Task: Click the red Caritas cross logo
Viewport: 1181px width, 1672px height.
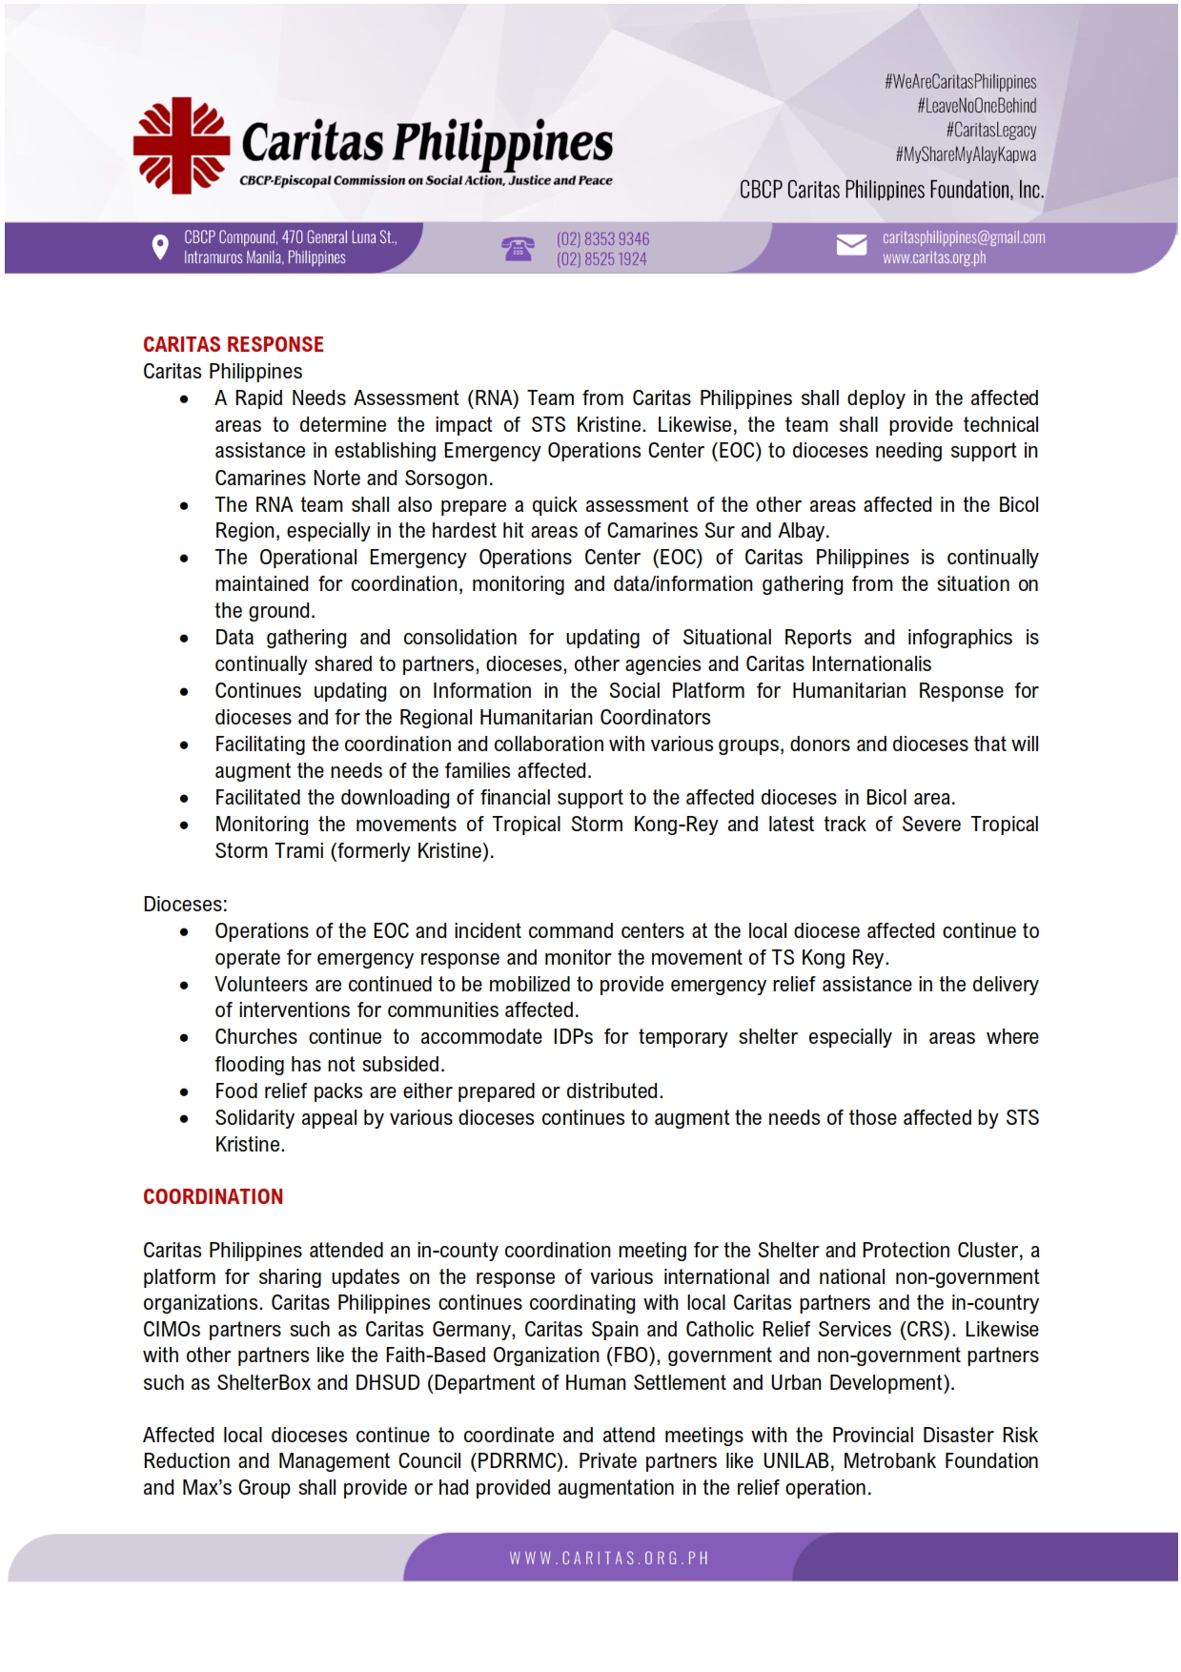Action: (x=181, y=146)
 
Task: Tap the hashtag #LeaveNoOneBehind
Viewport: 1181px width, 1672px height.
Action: (x=976, y=106)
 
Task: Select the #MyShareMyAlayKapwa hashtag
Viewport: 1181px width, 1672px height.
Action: (x=965, y=154)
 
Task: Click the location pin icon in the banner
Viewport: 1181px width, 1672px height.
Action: (x=160, y=248)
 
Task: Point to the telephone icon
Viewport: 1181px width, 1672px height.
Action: (x=518, y=249)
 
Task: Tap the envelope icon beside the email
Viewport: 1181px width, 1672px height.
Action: (x=851, y=246)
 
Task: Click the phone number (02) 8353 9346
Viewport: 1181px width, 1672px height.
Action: (x=602, y=238)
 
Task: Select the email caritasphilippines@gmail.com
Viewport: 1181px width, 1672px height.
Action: (x=963, y=237)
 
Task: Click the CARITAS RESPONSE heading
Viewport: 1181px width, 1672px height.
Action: (x=234, y=344)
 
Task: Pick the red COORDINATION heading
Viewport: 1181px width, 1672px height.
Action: (x=213, y=1196)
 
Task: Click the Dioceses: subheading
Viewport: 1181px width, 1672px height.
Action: (x=185, y=904)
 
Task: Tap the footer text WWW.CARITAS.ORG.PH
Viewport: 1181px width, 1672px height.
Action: (x=609, y=1559)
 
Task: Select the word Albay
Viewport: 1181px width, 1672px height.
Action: (x=803, y=531)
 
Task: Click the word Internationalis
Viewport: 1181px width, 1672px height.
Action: (x=870, y=664)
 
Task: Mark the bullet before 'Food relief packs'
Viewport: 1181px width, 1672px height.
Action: (x=184, y=1091)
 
